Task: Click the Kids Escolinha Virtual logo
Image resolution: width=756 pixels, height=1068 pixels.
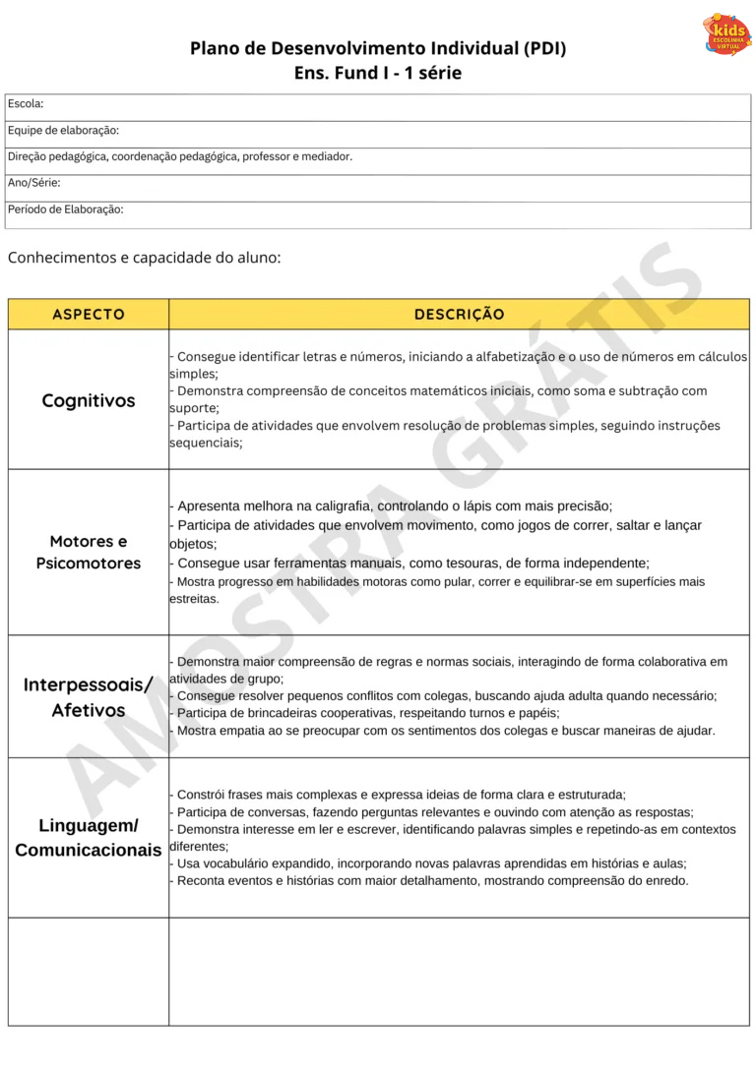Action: click(x=726, y=34)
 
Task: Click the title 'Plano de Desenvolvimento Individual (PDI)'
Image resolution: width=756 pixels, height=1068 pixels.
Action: click(x=378, y=48)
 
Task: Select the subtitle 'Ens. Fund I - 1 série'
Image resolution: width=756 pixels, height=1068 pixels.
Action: click(x=378, y=73)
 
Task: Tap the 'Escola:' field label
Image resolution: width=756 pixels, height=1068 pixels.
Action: click(x=26, y=104)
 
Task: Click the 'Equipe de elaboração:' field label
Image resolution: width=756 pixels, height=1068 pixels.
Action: click(x=63, y=131)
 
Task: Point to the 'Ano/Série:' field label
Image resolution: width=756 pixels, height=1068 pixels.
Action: click(x=34, y=183)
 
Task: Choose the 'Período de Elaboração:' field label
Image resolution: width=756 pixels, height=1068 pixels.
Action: click(x=66, y=209)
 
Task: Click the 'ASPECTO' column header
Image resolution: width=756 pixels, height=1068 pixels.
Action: click(x=89, y=315)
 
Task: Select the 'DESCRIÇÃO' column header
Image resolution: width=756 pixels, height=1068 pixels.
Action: click(x=459, y=315)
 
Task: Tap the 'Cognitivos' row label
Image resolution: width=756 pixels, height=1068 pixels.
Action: click(x=89, y=400)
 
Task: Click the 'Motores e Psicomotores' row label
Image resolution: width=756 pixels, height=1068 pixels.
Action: click(x=89, y=553)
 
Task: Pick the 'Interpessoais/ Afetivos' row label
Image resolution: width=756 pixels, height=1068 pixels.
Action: click(x=89, y=697)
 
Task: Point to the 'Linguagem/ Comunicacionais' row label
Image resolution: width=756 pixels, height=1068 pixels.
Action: click(x=89, y=837)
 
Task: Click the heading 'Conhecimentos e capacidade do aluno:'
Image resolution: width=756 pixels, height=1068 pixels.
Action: click(x=145, y=258)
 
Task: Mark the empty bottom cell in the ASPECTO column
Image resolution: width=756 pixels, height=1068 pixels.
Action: click(x=89, y=972)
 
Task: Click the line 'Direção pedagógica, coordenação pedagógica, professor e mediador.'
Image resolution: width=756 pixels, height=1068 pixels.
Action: click(x=180, y=156)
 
